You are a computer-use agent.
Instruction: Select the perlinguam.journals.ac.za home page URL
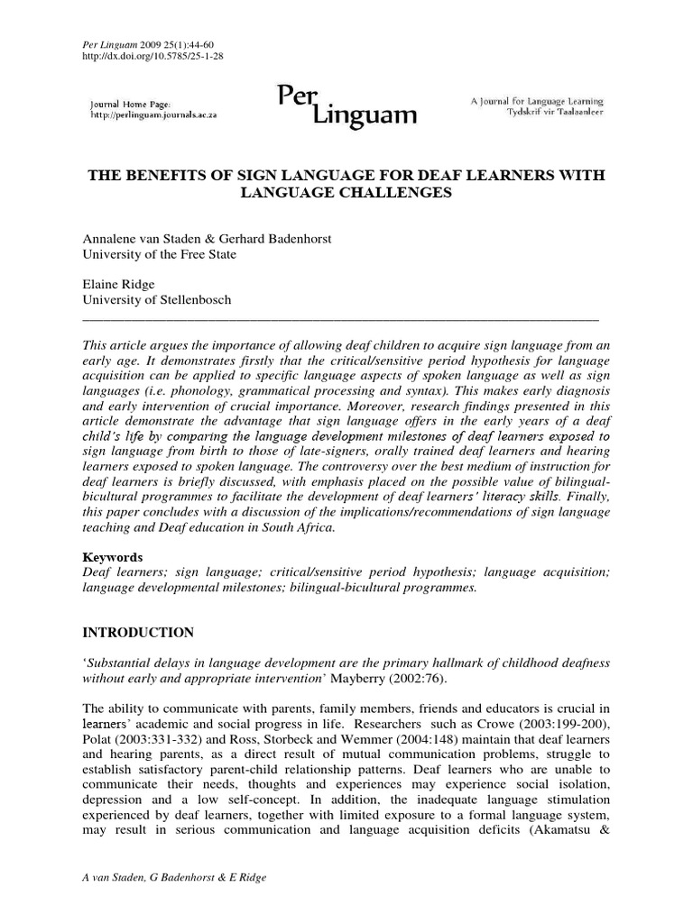tap(153, 116)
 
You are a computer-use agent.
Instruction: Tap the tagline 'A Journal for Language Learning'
tap(537, 102)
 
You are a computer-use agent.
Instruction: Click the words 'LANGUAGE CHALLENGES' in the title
tap(345, 193)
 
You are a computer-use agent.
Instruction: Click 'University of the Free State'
tap(160, 254)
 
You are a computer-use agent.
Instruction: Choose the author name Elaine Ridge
tap(120, 284)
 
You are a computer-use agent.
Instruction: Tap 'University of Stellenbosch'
tap(157, 299)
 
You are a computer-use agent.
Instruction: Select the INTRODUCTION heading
tap(137, 633)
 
